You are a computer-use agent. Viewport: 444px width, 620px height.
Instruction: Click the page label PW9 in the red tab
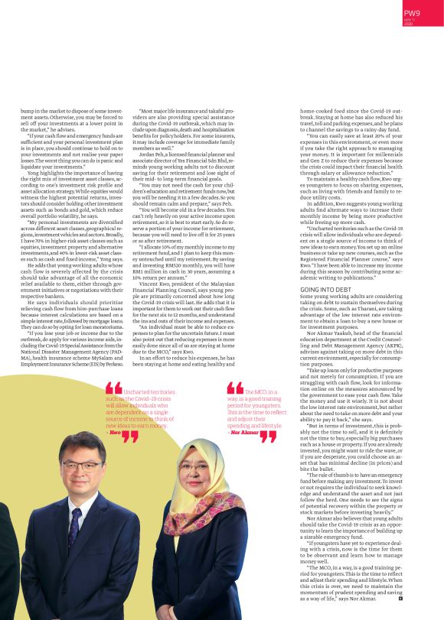pos(413,12)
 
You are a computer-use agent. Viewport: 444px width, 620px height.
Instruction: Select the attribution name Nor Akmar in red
pos(243,432)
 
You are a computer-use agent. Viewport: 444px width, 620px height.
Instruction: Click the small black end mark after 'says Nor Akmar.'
pos(401,598)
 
